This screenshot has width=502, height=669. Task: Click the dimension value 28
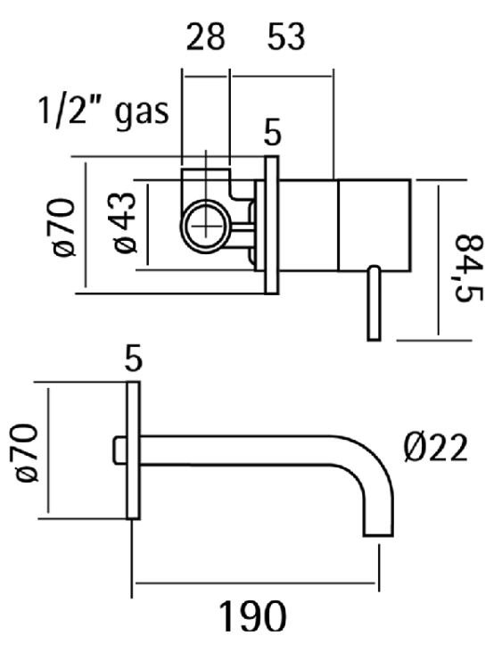[x=205, y=37]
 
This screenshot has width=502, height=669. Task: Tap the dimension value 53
[x=286, y=37]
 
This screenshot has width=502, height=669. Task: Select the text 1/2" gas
[x=103, y=111]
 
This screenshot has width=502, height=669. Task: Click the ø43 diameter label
[x=125, y=223]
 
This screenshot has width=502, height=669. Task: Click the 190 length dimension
[x=252, y=616]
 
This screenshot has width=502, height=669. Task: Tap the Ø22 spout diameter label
[x=435, y=448]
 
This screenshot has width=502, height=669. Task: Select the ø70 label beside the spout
[x=27, y=452]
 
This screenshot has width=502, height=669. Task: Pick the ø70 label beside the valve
[x=64, y=227]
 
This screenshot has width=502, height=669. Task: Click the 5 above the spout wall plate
[x=133, y=359]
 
